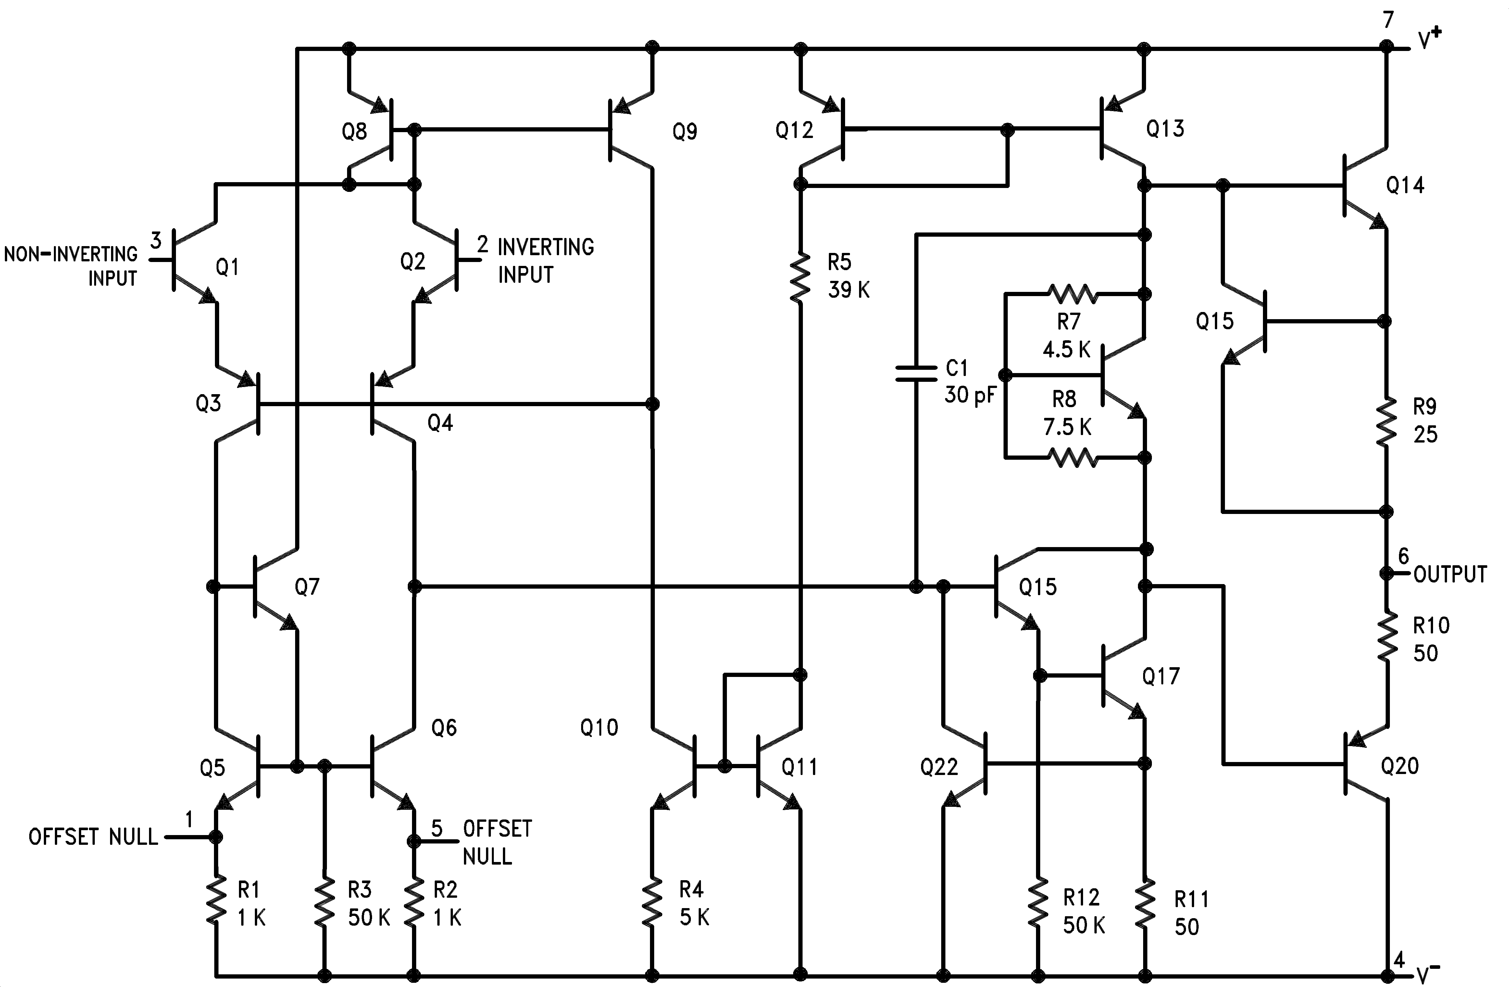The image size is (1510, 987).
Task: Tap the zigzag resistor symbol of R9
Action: [x=1386, y=421]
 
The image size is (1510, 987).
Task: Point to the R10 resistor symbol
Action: [x=1386, y=637]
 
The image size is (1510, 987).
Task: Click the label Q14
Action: [x=1405, y=185]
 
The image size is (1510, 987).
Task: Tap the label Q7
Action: [x=307, y=587]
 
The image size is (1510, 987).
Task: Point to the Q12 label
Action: [x=794, y=131]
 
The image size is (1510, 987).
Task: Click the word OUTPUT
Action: [x=1450, y=574]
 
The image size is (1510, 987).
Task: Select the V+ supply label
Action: [x=1429, y=39]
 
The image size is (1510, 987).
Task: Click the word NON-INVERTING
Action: [x=70, y=254]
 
